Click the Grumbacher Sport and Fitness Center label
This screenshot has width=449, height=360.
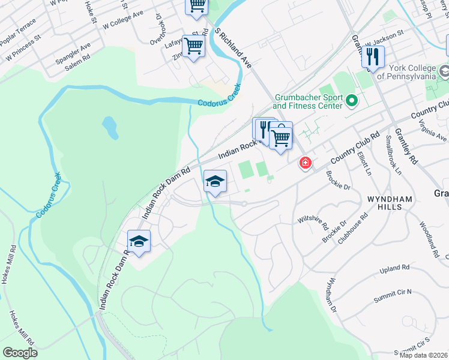pyautogui.click(x=309, y=101)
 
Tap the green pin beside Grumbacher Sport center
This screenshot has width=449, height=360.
pyautogui.click(x=352, y=100)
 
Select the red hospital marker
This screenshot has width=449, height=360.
pyautogui.click(x=306, y=163)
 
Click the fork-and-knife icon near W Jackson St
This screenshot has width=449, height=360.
pyautogui.click(x=373, y=57)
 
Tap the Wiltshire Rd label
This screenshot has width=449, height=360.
pyautogui.click(x=313, y=224)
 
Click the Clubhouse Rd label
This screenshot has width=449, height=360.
pyautogui.click(x=352, y=228)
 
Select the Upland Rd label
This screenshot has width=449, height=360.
pyautogui.click(x=394, y=268)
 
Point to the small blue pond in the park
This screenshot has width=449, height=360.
pyautogui.click(x=109, y=127)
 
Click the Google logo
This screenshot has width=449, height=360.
pyautogui.click(x=20, y=353)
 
